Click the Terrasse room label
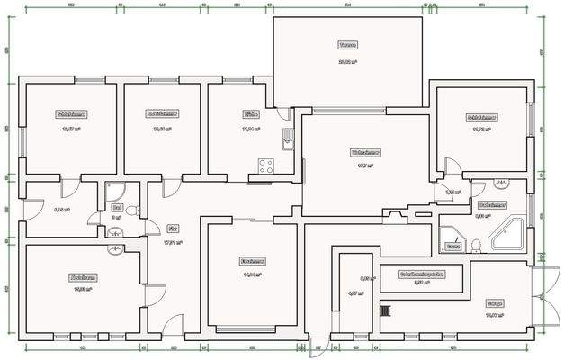pos(348,44)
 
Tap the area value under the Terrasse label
pos(348,62)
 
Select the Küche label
pos(251,115)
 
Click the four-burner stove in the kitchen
pos(266,166)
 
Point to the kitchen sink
pos(287,139)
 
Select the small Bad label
pos(117,206)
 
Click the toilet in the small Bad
pos(132,211)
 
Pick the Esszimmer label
pos(251,261)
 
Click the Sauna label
pos(453,245)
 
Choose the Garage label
pos(494,303)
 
